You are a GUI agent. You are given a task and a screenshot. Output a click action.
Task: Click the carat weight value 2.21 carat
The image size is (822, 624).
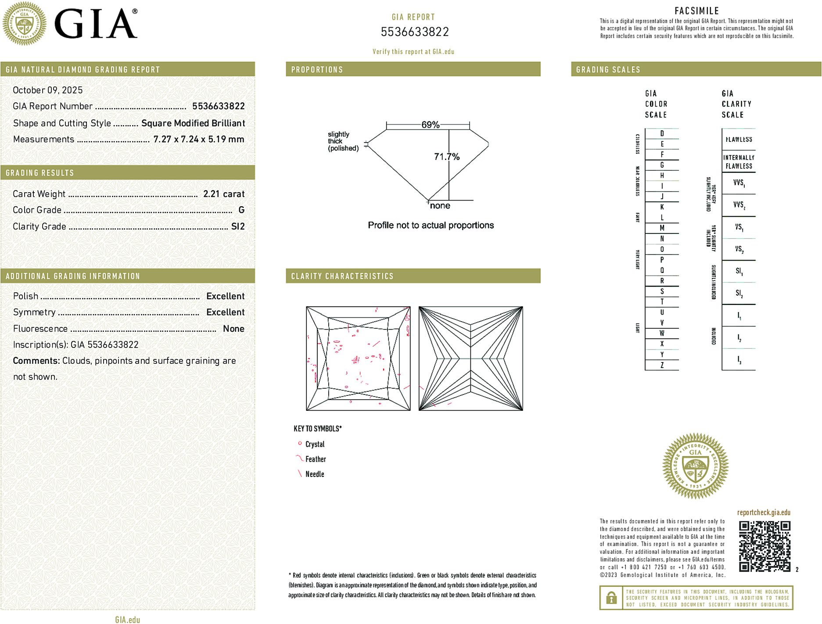point(223,194)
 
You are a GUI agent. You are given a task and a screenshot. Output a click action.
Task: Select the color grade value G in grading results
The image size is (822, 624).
point(241,210)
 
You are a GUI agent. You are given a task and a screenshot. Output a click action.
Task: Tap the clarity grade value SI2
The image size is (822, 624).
point(237,226)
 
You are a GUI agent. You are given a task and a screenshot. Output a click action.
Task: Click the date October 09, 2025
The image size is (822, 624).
point(47,90)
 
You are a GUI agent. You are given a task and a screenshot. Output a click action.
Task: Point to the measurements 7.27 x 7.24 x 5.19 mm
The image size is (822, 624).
point(198,139)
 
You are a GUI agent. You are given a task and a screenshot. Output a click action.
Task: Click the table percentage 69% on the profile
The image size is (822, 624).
point(430,125)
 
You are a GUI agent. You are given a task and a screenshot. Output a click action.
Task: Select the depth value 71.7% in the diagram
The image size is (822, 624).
point(446,157)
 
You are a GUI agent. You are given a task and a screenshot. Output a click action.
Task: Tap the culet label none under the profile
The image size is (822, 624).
point(440,206)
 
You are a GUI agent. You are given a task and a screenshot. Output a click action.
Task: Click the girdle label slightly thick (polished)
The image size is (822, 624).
point(343,141)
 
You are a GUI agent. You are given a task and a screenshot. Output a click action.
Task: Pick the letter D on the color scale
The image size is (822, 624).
point(662,133)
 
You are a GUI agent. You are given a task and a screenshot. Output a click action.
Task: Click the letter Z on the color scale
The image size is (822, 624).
point(662,365)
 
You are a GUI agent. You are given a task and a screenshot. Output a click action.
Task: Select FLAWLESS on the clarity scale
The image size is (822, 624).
point(739,140)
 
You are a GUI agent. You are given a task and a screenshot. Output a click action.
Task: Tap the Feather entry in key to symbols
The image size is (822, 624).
point(315,459)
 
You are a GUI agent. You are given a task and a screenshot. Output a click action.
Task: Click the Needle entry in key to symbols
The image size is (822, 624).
point(314,474)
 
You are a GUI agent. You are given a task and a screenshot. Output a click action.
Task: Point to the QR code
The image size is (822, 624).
point(764,546)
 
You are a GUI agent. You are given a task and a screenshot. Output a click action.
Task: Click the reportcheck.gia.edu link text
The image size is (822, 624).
point(763,512)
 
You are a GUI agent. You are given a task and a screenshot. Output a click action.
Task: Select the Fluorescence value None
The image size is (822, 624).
point(233,329)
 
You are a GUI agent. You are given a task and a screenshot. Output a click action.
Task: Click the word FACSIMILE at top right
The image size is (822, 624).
point(696,11)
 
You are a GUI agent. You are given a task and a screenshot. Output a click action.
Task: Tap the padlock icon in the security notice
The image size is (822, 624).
point(611,598)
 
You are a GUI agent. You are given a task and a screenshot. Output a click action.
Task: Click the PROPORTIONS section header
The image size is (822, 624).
point(317,70)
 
